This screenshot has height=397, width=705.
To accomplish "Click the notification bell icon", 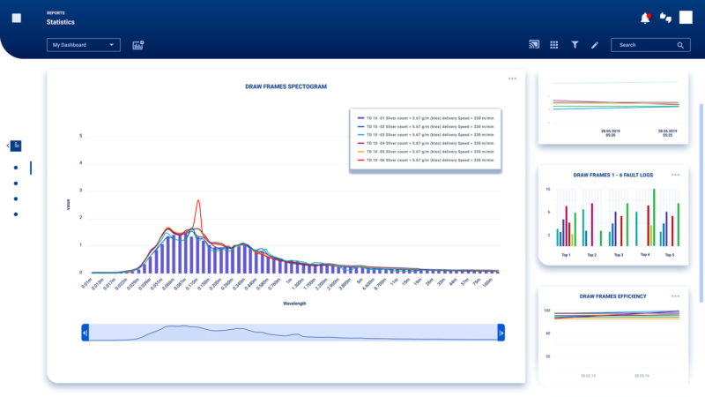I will [x=645, y=18].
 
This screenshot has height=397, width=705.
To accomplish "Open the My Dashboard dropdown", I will [x=84, y=45].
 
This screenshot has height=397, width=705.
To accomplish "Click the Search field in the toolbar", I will [x=649, y=45].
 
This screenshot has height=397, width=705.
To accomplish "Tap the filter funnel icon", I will [x=575, y=45].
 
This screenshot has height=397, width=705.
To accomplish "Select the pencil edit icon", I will [x=595, y=45].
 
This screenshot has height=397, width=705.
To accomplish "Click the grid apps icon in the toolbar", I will [x=554, y=45].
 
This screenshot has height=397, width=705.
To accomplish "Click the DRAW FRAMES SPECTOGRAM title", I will [x=286, y=86].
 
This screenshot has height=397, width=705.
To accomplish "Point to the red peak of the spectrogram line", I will [x=198, y=201].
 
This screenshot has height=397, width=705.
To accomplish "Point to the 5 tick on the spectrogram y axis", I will [x=81, y=136].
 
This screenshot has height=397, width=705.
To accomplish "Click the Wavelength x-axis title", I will [x=294, y=303].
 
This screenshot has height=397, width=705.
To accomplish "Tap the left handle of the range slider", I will [x=85, y=332].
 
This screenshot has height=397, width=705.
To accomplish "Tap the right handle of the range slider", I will [x=501, y=332].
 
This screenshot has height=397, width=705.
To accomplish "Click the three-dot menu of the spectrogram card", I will [x=512, y=79].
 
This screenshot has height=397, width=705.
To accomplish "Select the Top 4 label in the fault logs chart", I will [x=645, y=255].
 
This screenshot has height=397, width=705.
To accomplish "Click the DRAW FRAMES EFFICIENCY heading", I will [x=613, y=296].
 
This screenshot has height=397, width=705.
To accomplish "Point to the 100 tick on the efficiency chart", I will [x=546, y=311].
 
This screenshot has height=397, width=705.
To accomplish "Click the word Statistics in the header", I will [x=61, y=21].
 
